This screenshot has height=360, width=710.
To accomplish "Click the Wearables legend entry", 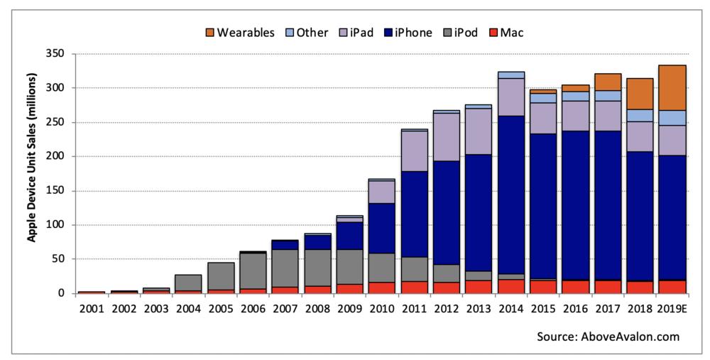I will [x=239, y=33].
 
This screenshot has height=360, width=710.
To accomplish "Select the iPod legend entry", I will [x=456, y=33].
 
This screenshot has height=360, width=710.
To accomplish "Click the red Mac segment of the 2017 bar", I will [x=608, y=286].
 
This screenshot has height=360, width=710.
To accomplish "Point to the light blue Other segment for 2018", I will [x=640, y=115].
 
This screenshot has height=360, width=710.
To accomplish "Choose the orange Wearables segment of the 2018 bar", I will [x=640, y=94].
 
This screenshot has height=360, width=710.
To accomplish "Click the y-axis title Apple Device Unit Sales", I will [x=33, y=173].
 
